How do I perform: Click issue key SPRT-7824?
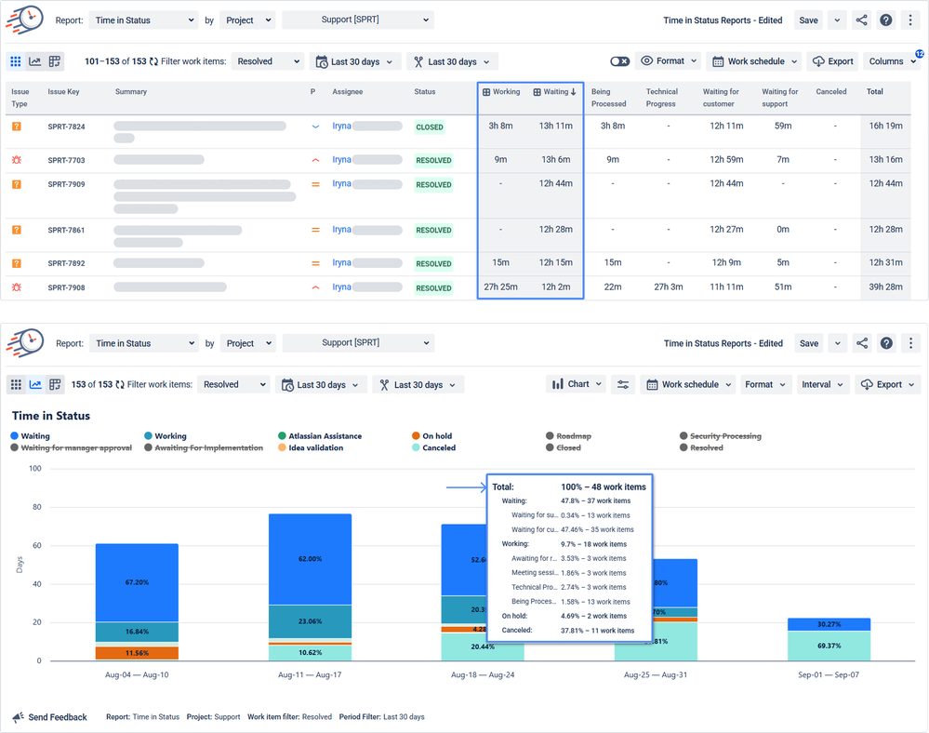[x=66, y=127]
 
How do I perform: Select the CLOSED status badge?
[x=430, y=127]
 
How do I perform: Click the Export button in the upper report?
[x=832, y=61]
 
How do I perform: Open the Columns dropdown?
[x=891, y=61]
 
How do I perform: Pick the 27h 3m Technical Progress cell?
[x=668, y=287]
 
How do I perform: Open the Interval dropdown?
[x=822, y=384]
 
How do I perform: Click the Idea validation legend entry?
[x=315, y=447]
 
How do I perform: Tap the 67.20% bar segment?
[x=137, y=582]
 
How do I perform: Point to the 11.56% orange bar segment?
[x=137, y=654]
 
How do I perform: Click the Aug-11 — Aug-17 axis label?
[x=311, y=673]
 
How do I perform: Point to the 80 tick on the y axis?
[x=36, y=507]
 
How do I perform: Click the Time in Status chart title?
[x=50, y=416]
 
